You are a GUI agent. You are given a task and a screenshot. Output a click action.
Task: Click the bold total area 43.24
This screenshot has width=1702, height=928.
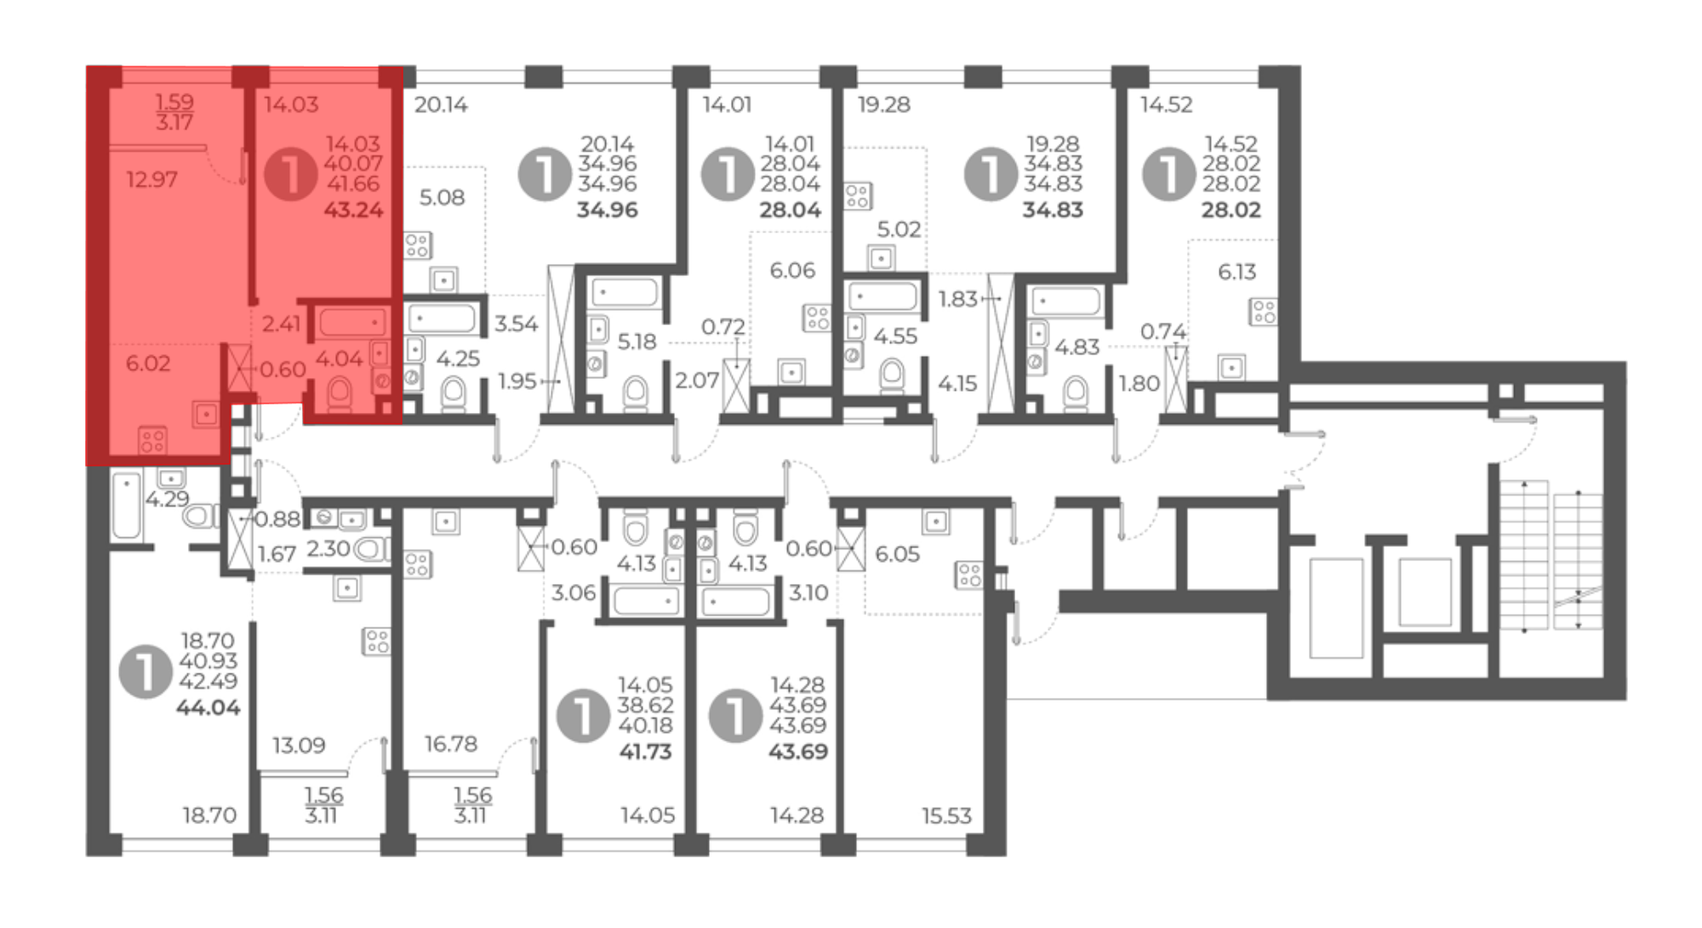(353, 209)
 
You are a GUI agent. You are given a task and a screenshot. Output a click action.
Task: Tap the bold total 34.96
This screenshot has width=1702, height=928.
(607, 209)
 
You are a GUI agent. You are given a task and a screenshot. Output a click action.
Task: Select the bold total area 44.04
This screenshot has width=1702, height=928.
(208, 707)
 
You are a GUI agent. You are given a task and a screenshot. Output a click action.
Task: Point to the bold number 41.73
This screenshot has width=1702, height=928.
(645, 752)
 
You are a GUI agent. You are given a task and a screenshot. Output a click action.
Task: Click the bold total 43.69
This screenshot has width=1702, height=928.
(797, 752)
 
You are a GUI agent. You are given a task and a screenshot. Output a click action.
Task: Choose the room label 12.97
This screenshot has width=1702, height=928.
(151, 180)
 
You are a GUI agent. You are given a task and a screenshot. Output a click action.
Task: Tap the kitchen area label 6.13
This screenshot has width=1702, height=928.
(1237, 272)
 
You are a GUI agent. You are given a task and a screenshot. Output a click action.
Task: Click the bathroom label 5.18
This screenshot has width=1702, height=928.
(637, 341)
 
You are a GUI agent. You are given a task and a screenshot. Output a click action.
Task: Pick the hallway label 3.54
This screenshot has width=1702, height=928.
(516, 324)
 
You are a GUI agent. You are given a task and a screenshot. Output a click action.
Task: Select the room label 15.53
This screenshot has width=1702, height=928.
(946, 816)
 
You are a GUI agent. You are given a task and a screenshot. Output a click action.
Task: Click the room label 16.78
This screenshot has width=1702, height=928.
(451, 744)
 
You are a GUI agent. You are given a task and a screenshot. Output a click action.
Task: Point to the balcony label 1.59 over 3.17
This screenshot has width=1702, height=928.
(174, 112)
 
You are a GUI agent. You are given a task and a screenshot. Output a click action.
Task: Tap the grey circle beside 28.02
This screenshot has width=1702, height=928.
(1168, 174)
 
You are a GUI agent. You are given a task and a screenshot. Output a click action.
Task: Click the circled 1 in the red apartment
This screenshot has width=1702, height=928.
(290, 174)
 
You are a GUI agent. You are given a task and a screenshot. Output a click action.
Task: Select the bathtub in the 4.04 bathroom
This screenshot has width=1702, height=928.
(351, 323)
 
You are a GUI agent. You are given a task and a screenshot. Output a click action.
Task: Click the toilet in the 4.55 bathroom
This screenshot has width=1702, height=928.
(891, 375)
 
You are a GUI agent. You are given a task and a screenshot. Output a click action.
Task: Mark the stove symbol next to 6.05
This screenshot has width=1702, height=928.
(968, 575)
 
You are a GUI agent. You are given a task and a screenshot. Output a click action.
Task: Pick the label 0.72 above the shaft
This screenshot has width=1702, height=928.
(723, 327)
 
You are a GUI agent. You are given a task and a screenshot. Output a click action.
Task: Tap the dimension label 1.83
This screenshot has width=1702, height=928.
(958, 299)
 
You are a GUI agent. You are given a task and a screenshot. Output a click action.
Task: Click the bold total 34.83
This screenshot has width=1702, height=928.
(1053, 209)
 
